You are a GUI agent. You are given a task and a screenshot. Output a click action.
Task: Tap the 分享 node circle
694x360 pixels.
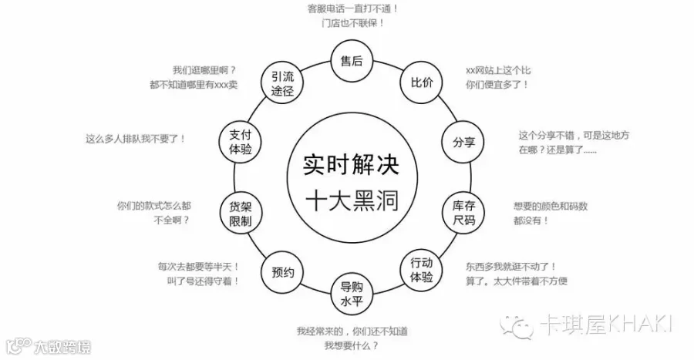point(463,142)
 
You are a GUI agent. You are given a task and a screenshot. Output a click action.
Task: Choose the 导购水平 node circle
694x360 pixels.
point(352,292)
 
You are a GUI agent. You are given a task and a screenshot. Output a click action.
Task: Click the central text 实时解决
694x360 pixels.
point(351,162)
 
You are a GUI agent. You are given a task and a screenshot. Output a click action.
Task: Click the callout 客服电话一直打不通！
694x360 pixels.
point(352,8)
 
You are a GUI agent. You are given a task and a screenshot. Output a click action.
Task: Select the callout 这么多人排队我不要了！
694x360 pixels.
point(136,140)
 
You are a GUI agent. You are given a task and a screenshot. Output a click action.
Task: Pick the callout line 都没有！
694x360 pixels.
point(531,220)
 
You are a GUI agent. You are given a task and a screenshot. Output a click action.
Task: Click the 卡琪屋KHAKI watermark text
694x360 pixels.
point(606,322)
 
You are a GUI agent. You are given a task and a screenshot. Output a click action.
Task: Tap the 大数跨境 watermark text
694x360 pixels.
point(62,346)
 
